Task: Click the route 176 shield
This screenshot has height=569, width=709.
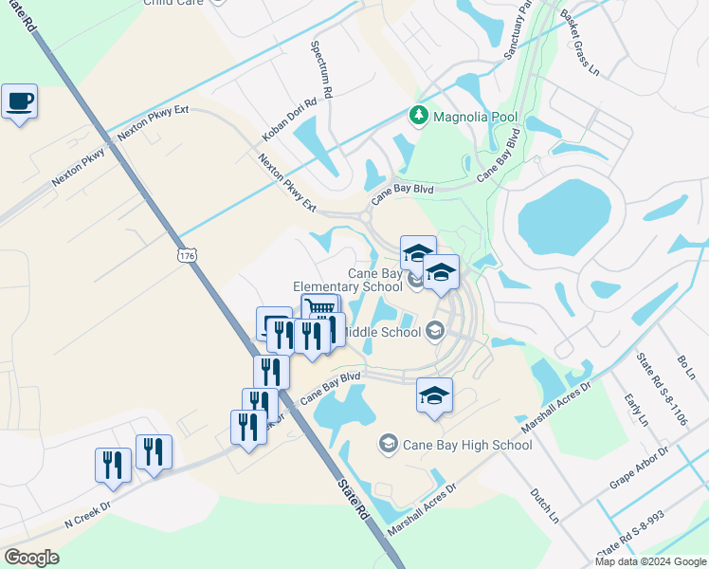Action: (x=187, y=256)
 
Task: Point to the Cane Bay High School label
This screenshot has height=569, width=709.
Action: (x=467, y=444)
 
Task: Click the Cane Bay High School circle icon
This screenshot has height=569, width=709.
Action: (x=388, y=443)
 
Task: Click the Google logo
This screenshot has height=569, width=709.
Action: (x=31, y=558)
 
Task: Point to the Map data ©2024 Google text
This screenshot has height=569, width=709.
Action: (x=650, y=561)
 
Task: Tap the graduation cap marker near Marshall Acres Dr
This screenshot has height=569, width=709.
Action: (x=434, y=395)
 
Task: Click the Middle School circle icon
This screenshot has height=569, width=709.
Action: (x=435, y=331)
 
